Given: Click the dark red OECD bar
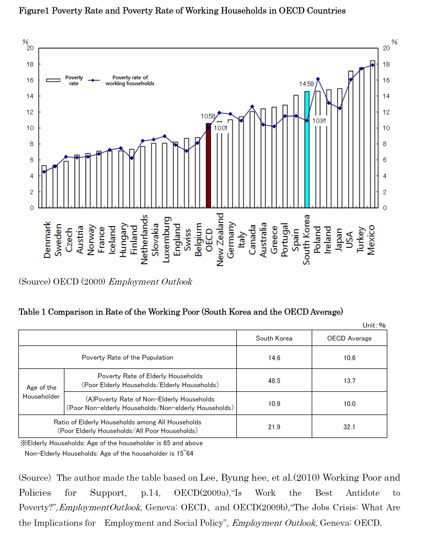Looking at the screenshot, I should (208, 166).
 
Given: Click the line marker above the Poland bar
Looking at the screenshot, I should (318, 79).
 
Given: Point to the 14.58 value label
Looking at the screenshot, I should (306, 84).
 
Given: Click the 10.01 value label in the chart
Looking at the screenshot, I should (221, 128).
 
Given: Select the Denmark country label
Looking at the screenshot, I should (47, 240).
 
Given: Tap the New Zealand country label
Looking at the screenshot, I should (220, 240).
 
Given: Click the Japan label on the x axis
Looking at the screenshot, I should (339, 240).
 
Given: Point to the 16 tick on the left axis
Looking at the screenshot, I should (30, 80).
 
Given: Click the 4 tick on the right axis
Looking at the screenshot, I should (385, 176).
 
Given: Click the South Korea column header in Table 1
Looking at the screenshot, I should (274, 338).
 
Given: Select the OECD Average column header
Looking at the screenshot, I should (349, 338).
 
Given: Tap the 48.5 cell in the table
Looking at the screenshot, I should (274, 381).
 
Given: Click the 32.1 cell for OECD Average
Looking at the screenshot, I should (349, 427).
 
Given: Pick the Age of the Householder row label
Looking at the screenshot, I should (41, 392).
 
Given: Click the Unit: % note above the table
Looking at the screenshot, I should (374, 325).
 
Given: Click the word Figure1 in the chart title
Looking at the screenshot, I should (34, 11).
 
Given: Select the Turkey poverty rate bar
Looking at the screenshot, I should (361, 138).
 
